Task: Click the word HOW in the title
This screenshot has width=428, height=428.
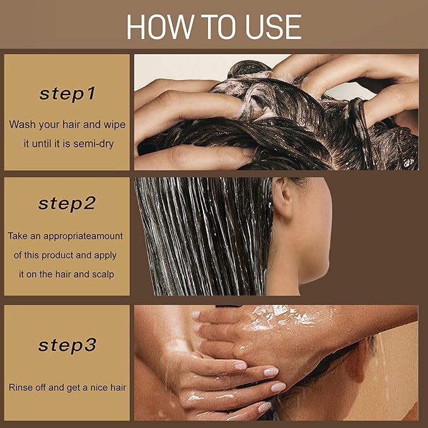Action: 160,26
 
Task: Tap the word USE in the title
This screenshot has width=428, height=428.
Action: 274,26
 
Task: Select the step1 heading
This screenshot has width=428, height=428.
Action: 67,94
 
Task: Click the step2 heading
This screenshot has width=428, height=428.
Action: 67,204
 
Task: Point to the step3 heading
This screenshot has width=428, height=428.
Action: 67,345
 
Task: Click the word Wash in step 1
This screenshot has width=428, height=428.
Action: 23,124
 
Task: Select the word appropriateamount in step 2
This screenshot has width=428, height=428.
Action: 83,236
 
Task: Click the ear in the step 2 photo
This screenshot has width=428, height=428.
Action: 282,198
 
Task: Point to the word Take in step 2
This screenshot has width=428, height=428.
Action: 18,236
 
